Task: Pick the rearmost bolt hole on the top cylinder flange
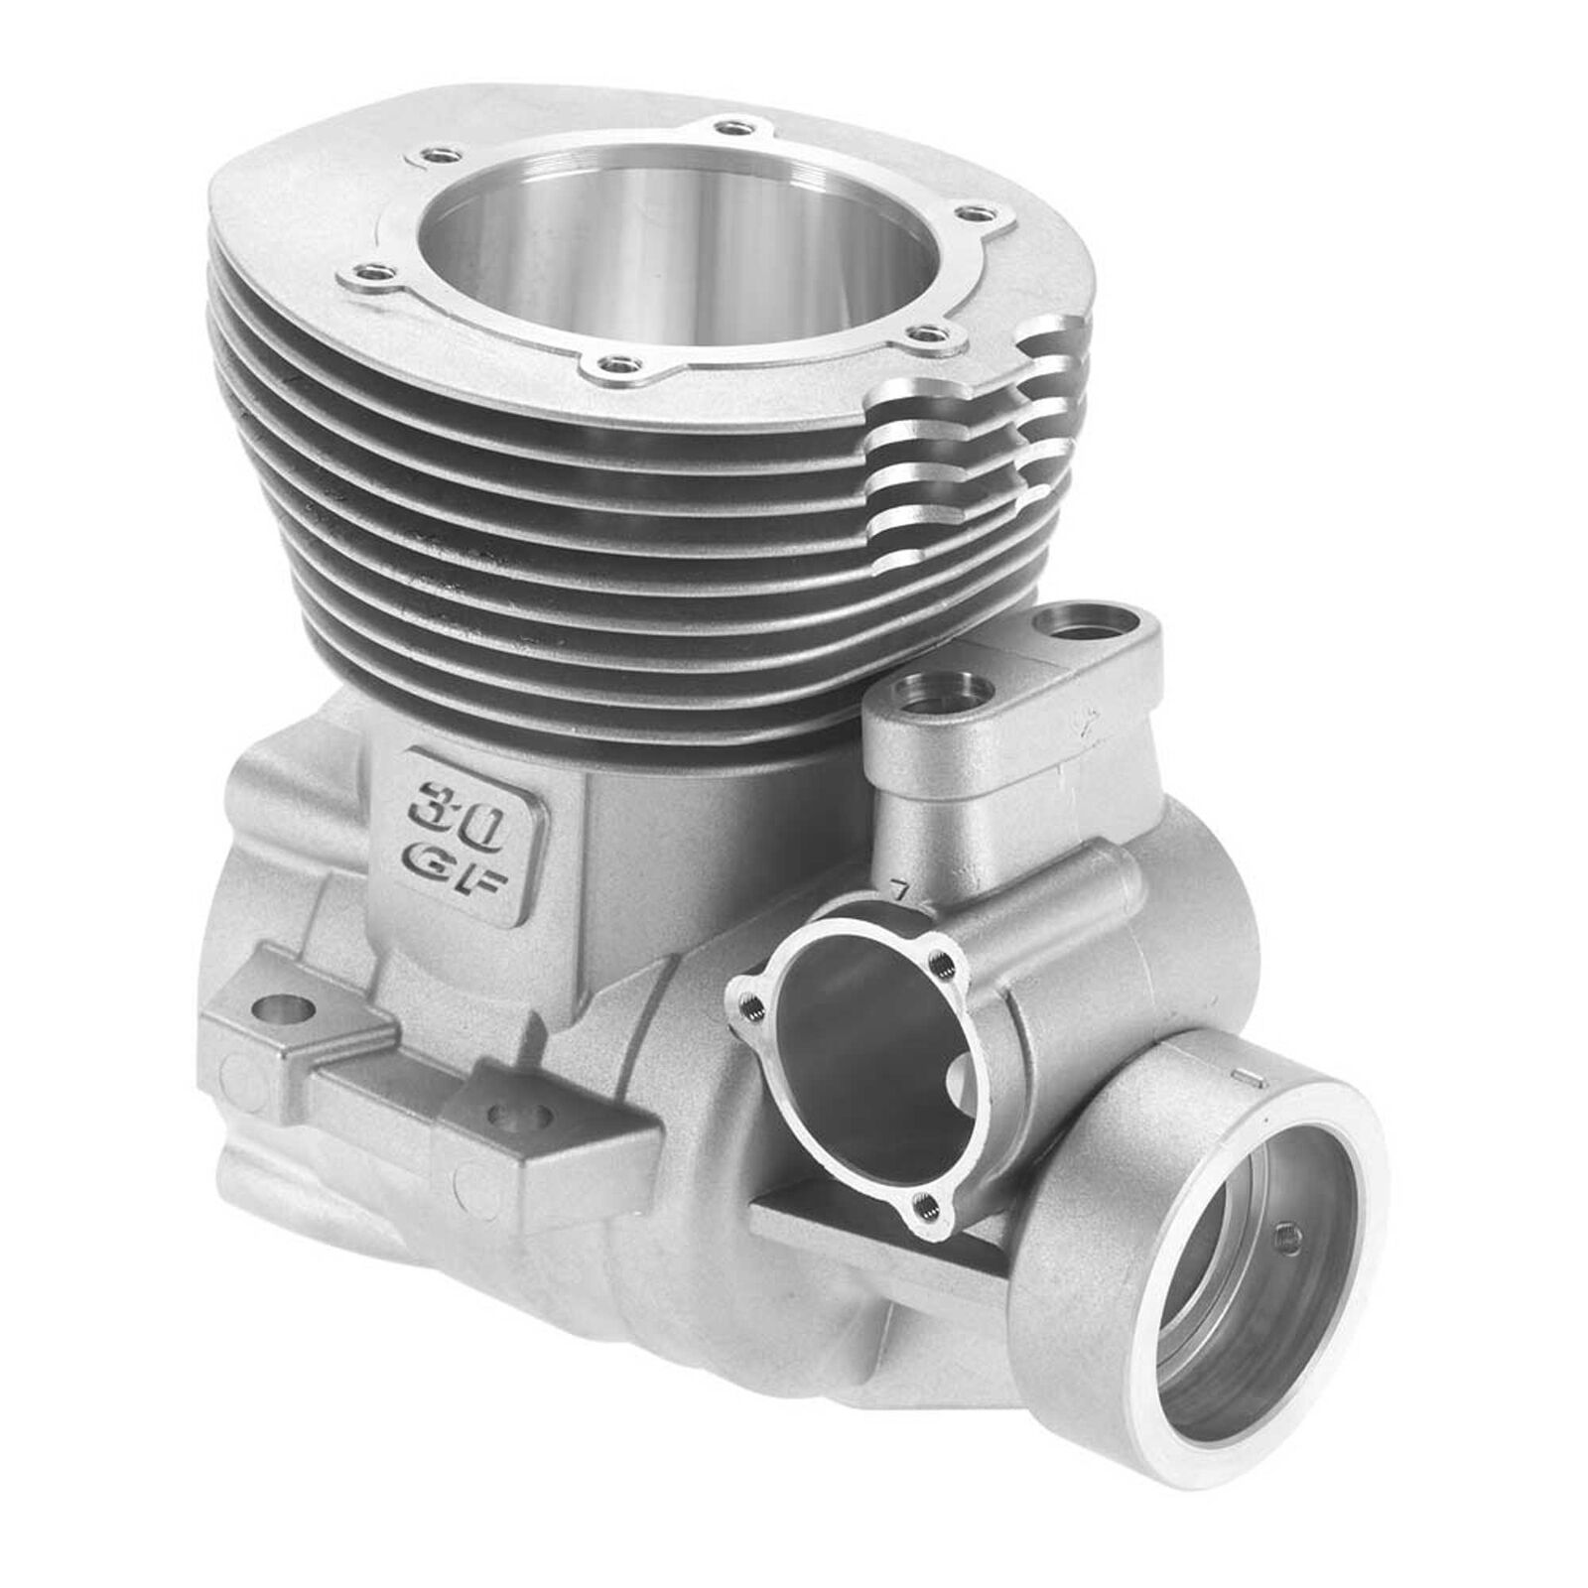[x=733, y=128]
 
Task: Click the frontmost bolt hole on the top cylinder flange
[x=617, y=364]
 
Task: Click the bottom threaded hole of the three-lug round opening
[x=926, y=1206]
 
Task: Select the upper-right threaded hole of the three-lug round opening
[x=939, y=960]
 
